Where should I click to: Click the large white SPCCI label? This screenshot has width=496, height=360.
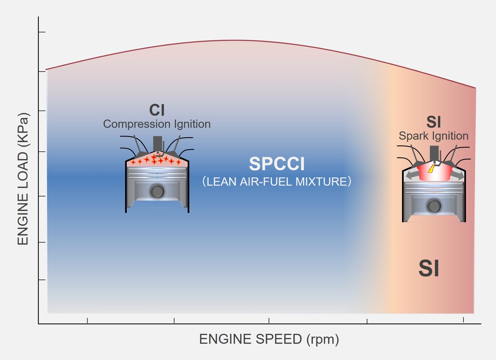coord(277,164)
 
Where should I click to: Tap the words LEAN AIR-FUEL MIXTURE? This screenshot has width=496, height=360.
coord(277,182)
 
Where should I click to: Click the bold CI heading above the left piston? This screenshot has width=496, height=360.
coord(157,110)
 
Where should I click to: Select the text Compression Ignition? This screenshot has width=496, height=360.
coord(157,124)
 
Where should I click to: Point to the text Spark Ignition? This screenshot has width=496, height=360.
coord(433,136)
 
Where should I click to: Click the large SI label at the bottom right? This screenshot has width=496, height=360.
coord(429,268)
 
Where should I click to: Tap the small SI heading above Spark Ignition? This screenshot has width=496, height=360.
coord(433,122)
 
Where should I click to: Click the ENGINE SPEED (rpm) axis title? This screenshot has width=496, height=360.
coord(269,339)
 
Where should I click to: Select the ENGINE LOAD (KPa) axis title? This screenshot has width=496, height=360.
coord(23,179)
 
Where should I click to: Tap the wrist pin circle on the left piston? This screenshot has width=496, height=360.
coord(157,191)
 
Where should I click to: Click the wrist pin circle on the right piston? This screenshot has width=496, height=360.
coord(434,206)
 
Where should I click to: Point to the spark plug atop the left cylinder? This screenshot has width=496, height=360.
coord(158,143)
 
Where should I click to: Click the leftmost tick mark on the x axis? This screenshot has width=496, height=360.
coord(87,321)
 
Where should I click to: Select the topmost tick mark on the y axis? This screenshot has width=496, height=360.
coord(42,32)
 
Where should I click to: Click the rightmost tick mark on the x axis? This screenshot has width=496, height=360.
coord(463,320)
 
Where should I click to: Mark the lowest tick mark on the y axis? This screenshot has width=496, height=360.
coord(42,280)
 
